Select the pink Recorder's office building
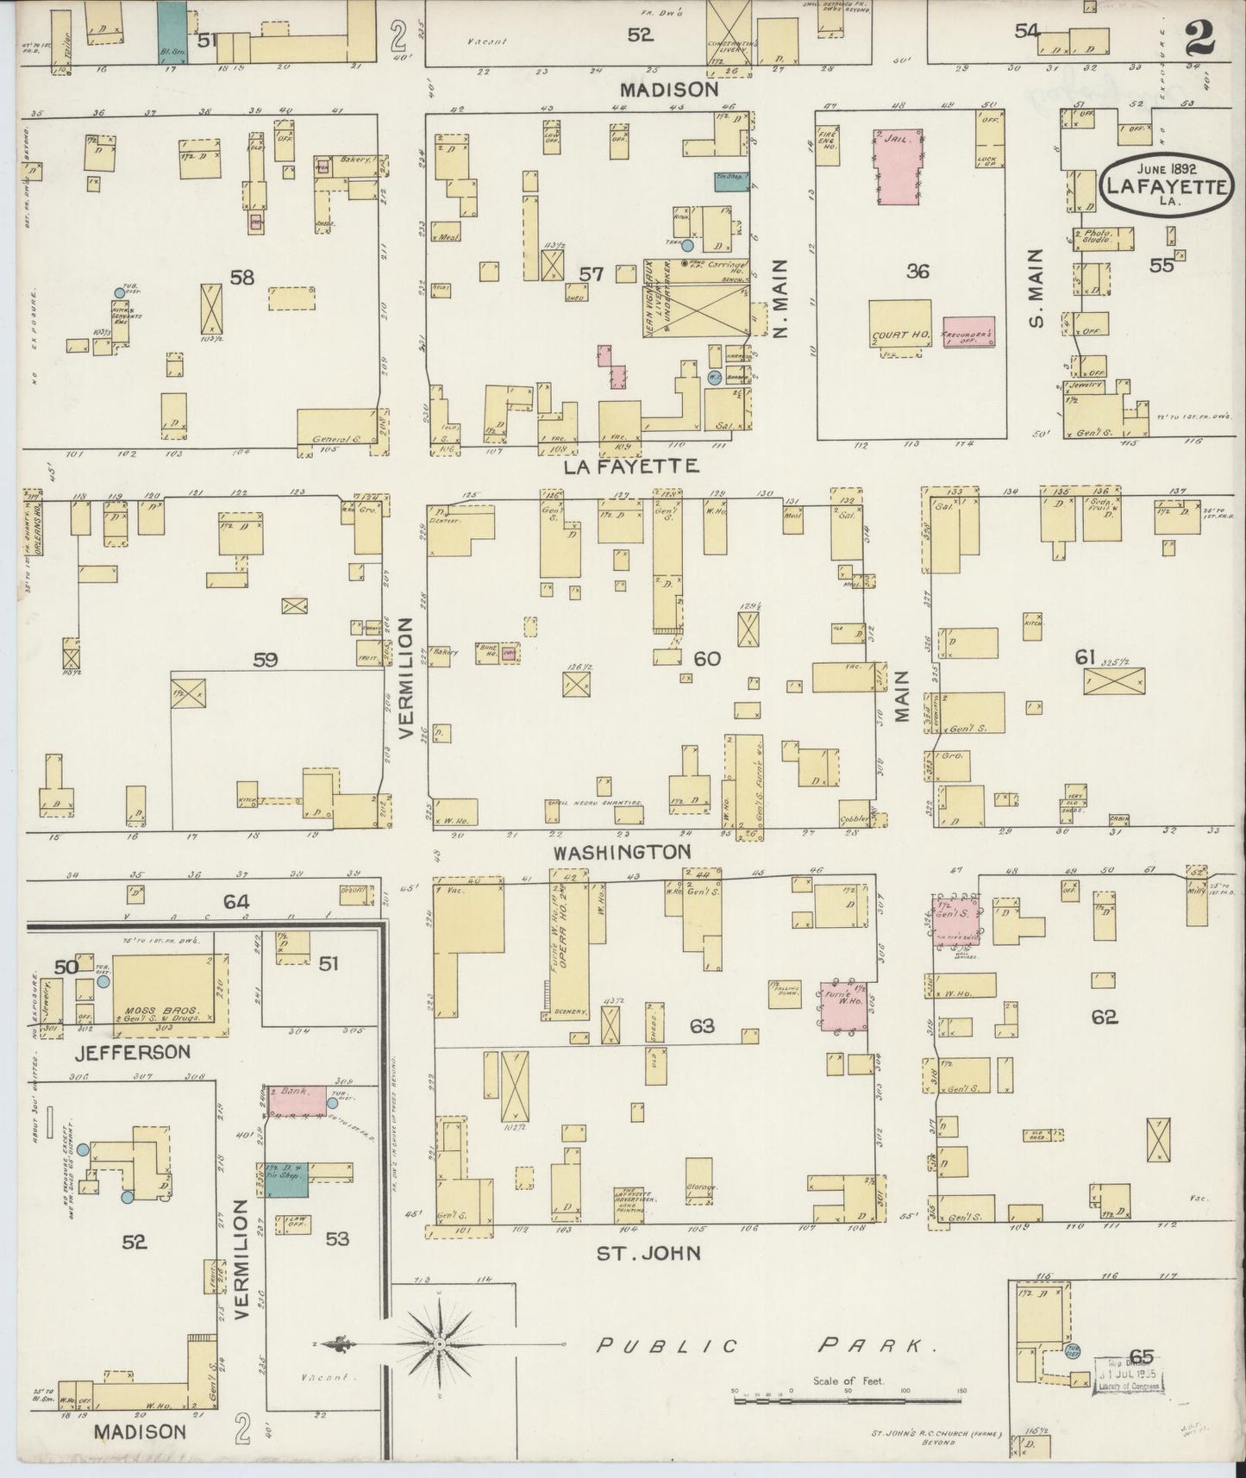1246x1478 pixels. [x=967, y=331]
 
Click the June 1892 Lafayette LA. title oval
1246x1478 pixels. [x=1168, y=183]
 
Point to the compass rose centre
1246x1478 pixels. [x=440, y=1343]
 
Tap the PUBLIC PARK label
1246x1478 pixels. [x=767, y=1344]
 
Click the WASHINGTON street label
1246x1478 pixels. [x=622, y=852]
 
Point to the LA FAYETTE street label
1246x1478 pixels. [x=630, y=467]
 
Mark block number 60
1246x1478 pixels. [x=706, y=659]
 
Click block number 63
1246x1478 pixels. [x=702, y=1026]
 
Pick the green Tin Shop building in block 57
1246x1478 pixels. [x=731, y=181]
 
